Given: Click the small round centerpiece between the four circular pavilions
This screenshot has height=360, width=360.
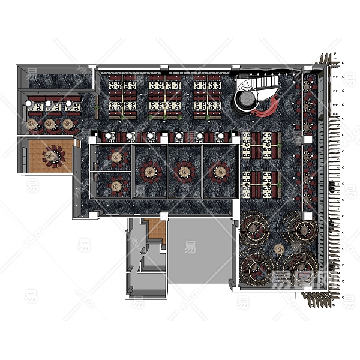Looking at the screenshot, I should [279, 248].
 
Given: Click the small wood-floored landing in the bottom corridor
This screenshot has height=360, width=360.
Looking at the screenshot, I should [155, 229].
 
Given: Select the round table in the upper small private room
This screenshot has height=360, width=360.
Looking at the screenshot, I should [116, 158].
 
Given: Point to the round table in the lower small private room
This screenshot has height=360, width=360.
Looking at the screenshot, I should [116, 186].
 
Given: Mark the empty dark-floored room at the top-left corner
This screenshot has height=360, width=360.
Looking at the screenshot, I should [53, 76].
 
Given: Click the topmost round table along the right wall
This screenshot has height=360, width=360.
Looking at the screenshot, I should [310, 86].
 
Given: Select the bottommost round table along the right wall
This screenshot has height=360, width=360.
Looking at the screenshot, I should [308, 198].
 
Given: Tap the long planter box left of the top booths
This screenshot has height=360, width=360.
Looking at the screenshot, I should [97, 106].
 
